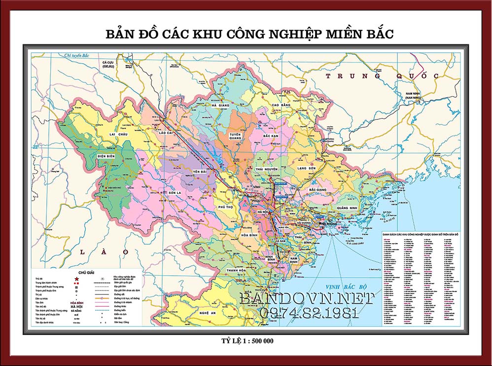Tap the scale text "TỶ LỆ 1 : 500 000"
click(246, 341)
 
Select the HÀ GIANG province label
click(221, 105)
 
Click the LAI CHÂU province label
click(119, 134)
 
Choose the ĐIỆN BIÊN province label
click(106, 156)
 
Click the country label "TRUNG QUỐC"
click(382, 76)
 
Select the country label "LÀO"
click(104, 252)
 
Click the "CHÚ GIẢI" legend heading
click(79, 272)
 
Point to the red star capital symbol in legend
click(76, 279)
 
